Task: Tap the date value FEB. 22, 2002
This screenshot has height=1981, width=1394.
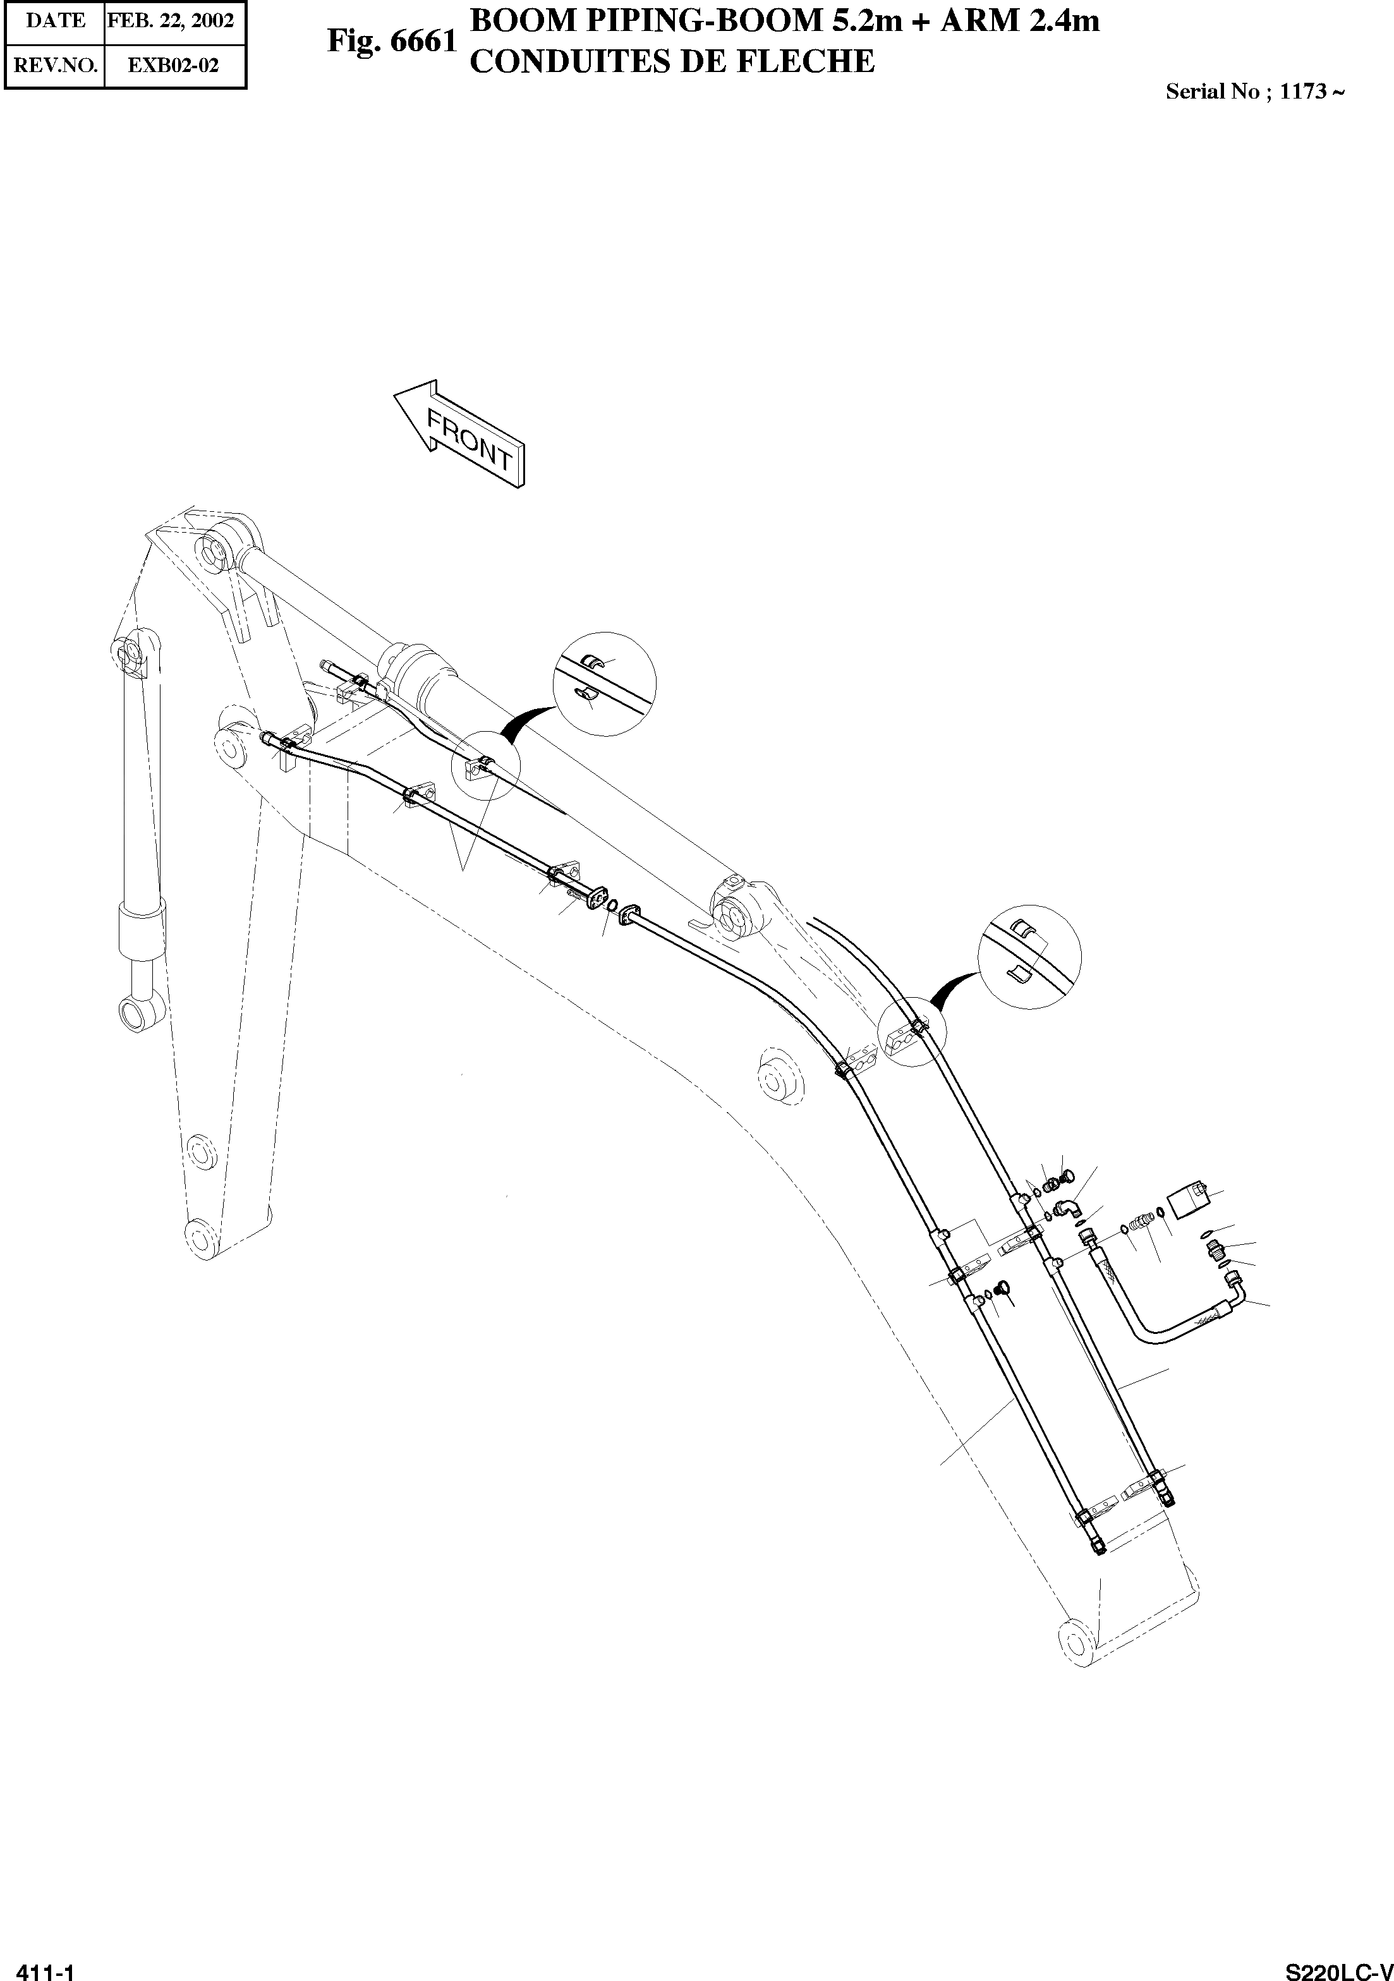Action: [171, 21]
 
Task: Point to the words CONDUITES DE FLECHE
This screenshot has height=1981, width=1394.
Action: [671, 62]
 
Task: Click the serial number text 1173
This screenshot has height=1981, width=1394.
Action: [1302, 92]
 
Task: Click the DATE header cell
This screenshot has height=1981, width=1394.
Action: [55, 21]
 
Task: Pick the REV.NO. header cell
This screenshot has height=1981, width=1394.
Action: [55, 66]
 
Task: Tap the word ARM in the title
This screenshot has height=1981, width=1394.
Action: [983, 21]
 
